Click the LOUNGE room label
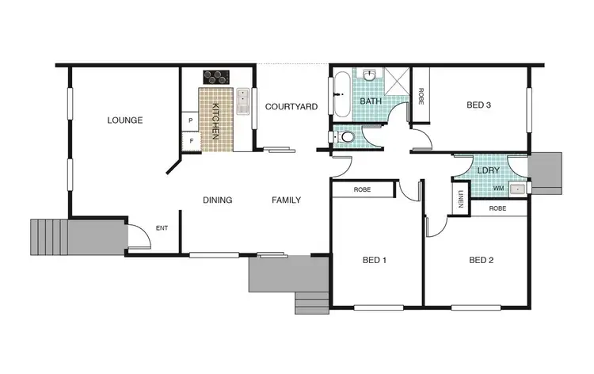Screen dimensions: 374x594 (125, 120)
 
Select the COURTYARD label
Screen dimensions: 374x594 (291, 106)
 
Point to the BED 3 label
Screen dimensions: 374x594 (479, 104)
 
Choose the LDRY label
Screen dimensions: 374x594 (487, 170)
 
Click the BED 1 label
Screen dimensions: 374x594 (374, 259)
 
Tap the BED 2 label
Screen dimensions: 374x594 (482, 259)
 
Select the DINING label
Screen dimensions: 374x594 (217, 200)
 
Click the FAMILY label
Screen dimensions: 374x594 (286, 200)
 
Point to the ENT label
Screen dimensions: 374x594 (162, 228)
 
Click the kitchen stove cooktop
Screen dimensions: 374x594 (216, 77)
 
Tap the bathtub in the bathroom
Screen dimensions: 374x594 (340, 95)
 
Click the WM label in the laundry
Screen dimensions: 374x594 (498, 189)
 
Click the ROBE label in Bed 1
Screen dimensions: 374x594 (362, 190)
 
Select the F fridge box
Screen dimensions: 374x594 (190, 142)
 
